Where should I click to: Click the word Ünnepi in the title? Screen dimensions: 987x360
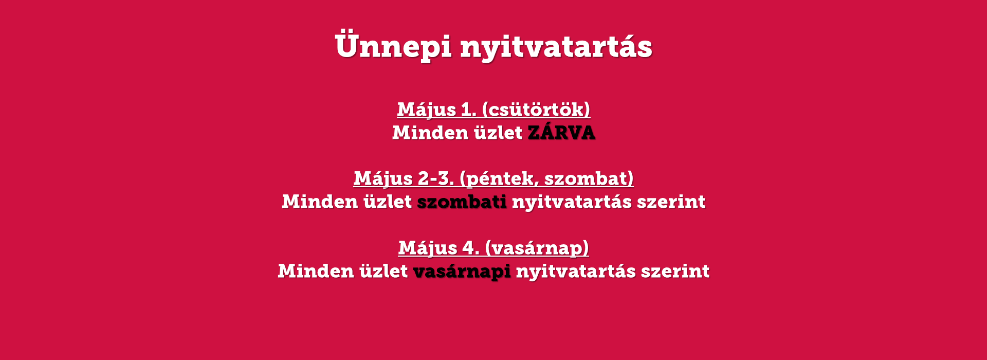tap(393, 45)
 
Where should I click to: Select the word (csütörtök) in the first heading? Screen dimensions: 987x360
tap(536, 110)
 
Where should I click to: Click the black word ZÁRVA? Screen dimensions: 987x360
tap(561, 132)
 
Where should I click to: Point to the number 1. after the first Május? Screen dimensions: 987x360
tap(468, 110)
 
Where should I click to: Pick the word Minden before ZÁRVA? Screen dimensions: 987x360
tap(430, 133)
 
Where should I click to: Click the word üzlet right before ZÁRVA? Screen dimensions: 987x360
tap(498, 133)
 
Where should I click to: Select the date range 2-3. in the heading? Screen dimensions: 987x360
tap(436, 178)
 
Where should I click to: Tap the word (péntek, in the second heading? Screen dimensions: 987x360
tap(499, 179)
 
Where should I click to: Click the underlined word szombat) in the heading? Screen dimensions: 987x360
tap(589, 179)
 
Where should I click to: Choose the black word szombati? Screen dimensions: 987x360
tap(462, 202)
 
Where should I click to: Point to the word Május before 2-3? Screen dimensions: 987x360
tap(383, 179)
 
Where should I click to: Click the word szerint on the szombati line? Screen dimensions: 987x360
tap(671, 202)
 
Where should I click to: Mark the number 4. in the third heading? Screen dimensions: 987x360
tap(470, 248)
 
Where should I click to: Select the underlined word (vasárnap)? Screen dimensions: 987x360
tap(537, 248)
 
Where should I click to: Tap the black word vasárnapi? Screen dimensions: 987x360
tap(462, 272)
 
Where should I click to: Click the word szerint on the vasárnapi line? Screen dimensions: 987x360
tap(675, 271)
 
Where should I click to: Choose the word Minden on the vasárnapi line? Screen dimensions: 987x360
tap(316, 271)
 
